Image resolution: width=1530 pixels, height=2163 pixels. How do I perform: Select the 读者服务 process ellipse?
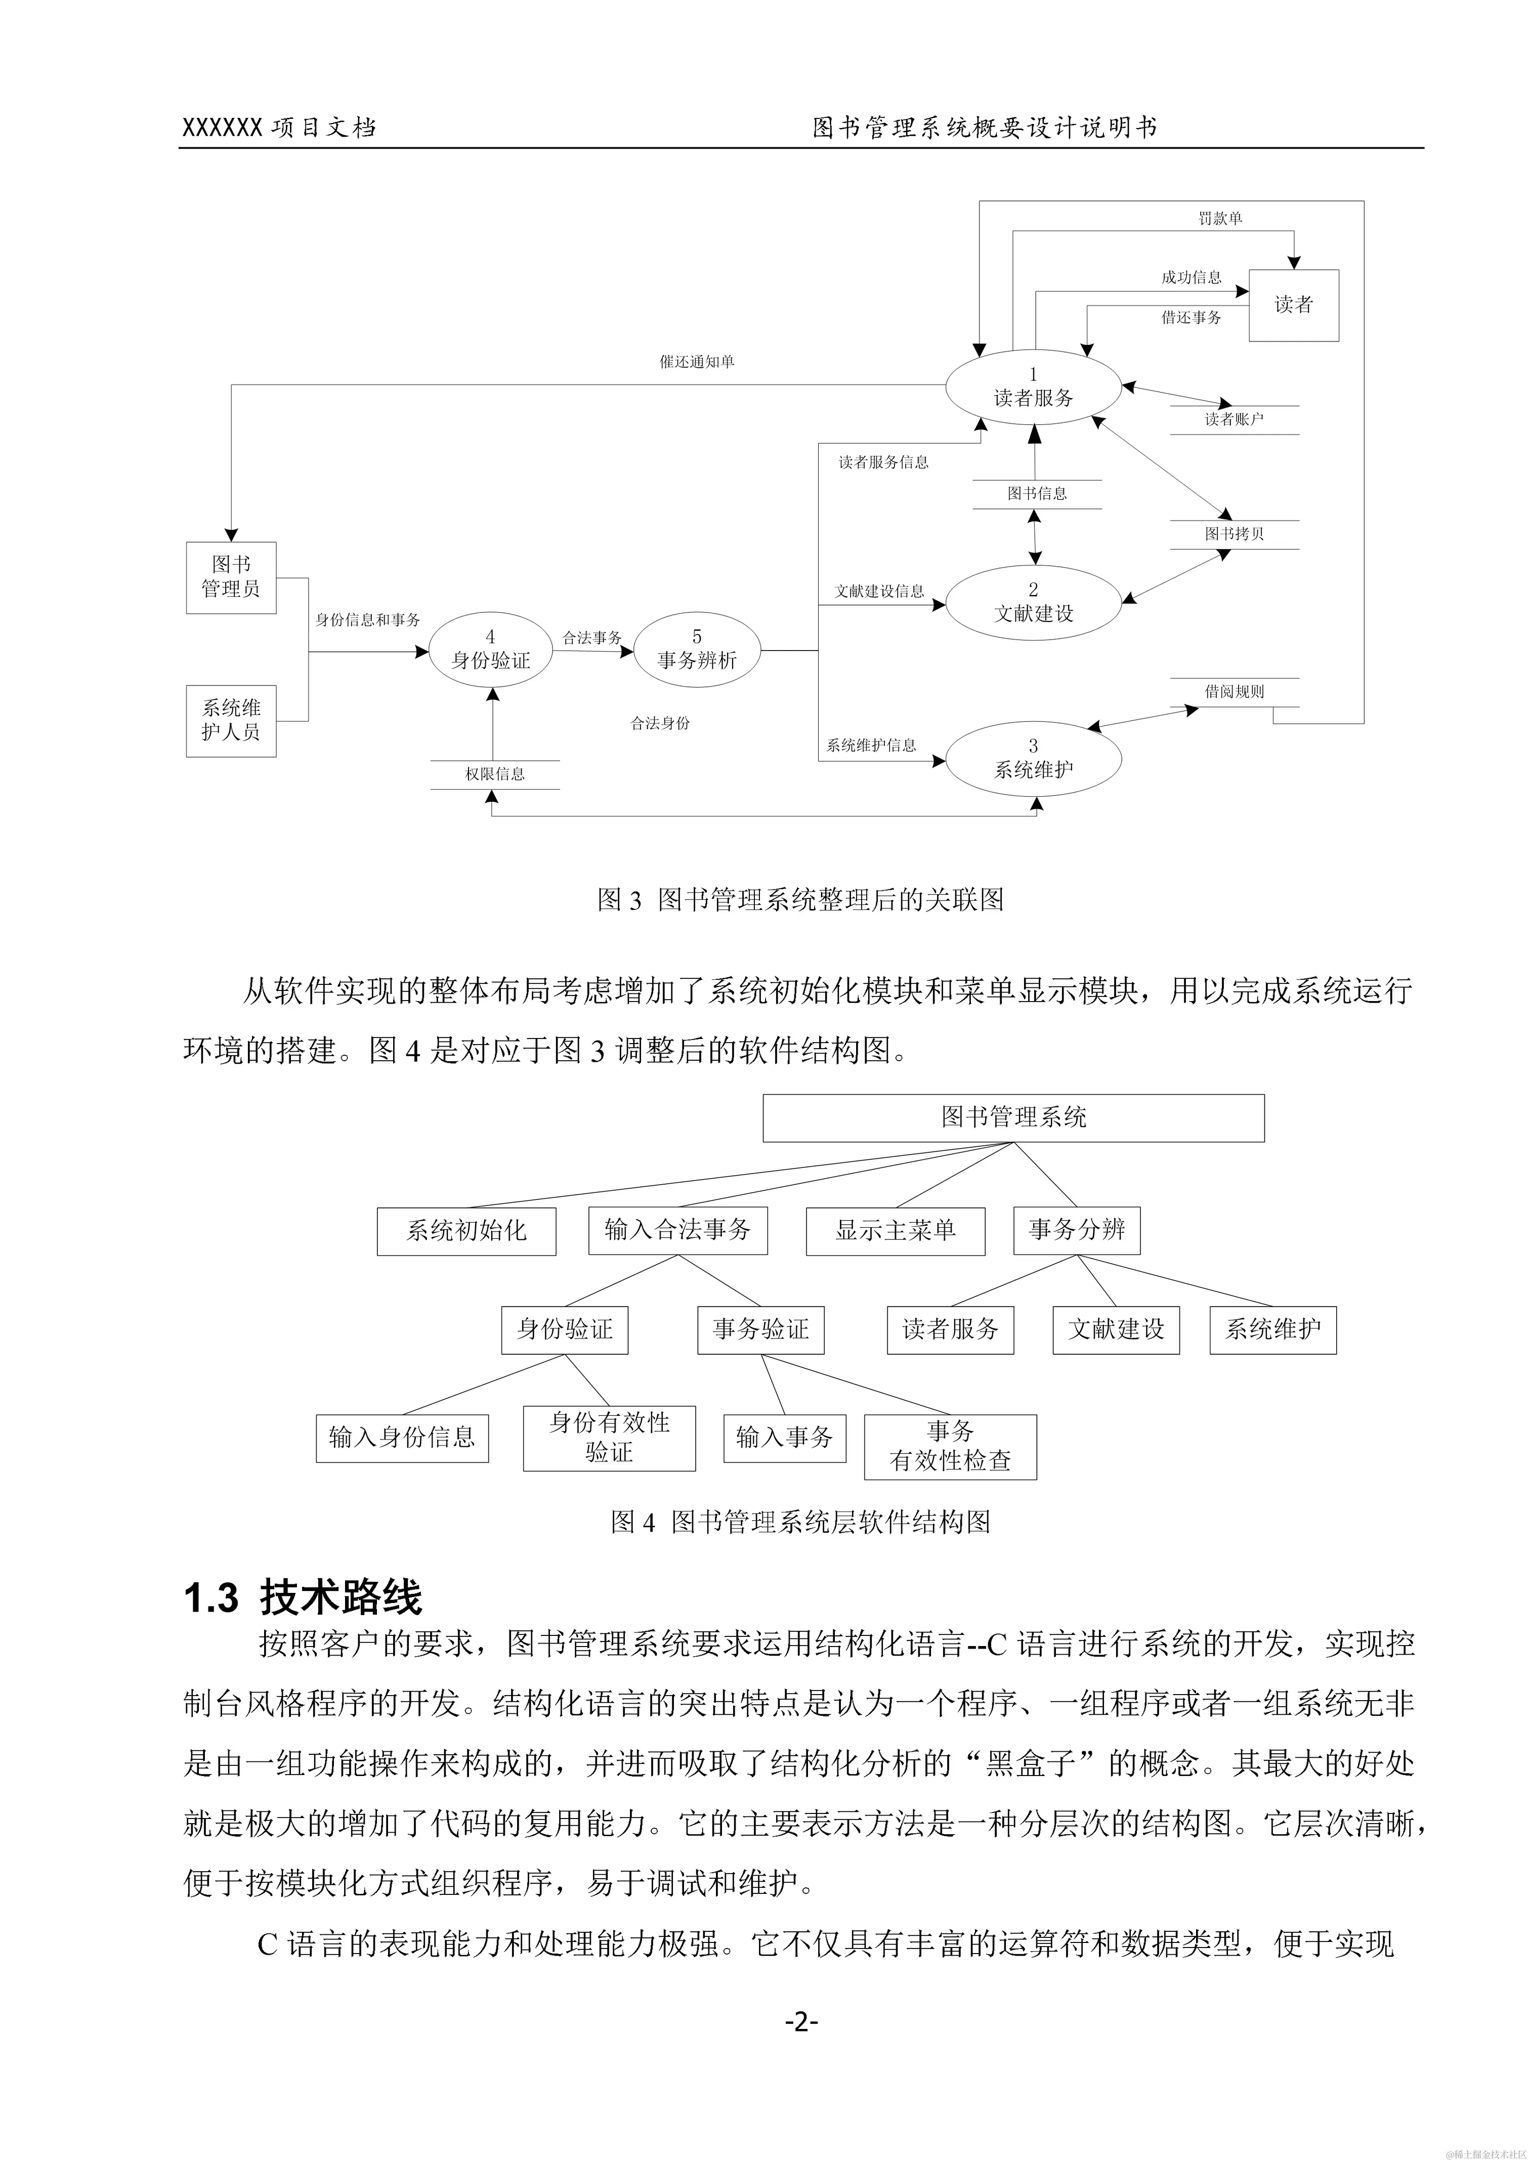1034,388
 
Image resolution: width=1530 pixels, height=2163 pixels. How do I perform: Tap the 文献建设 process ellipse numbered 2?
1034,603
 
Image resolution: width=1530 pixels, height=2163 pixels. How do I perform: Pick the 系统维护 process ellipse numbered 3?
1034,759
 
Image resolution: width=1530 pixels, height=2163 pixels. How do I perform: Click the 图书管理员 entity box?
231,578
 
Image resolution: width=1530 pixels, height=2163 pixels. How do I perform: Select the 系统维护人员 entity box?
231,721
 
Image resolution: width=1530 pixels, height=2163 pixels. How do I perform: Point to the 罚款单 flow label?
1220,219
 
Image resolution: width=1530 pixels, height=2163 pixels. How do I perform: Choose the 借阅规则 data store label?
1234,691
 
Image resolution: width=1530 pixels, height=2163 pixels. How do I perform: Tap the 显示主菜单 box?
895,1230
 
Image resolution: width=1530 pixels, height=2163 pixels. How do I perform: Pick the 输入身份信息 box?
402,1438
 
